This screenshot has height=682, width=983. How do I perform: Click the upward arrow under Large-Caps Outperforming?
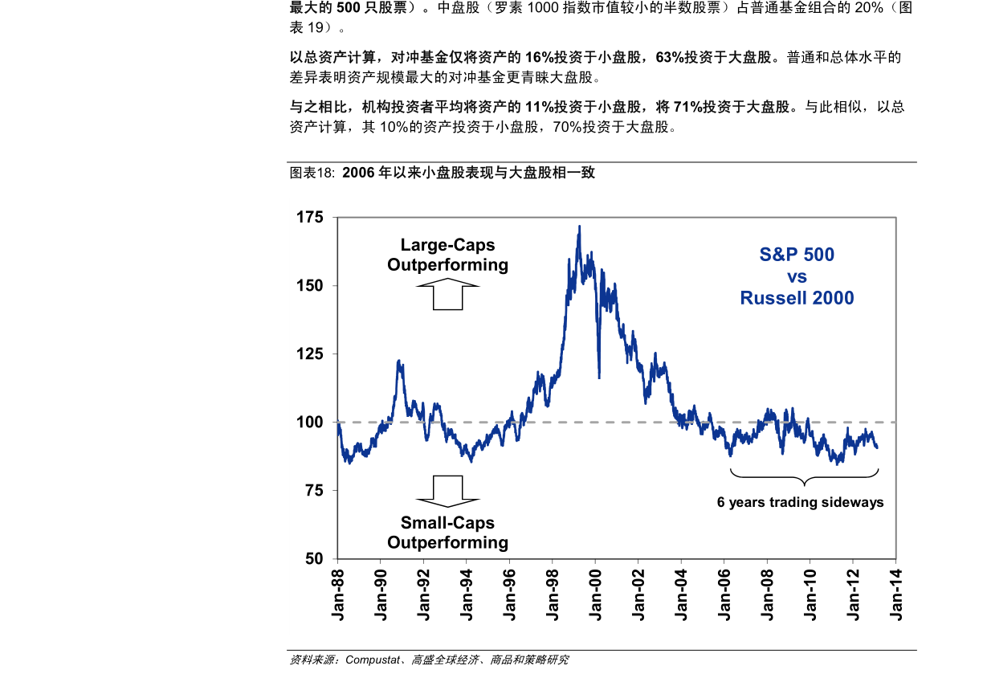click(x=447, y=294)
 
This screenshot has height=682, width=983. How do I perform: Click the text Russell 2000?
click(x=797, y=298)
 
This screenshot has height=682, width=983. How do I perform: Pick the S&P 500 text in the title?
click(x=797, y=255)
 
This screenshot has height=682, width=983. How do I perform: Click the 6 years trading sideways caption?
click(x=800, y=503)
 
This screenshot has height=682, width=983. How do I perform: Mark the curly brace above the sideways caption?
click(x=803, y=480)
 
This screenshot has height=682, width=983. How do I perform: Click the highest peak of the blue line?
click(x=579, y=227)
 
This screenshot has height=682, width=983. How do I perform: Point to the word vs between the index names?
click(x=797, y=277)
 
